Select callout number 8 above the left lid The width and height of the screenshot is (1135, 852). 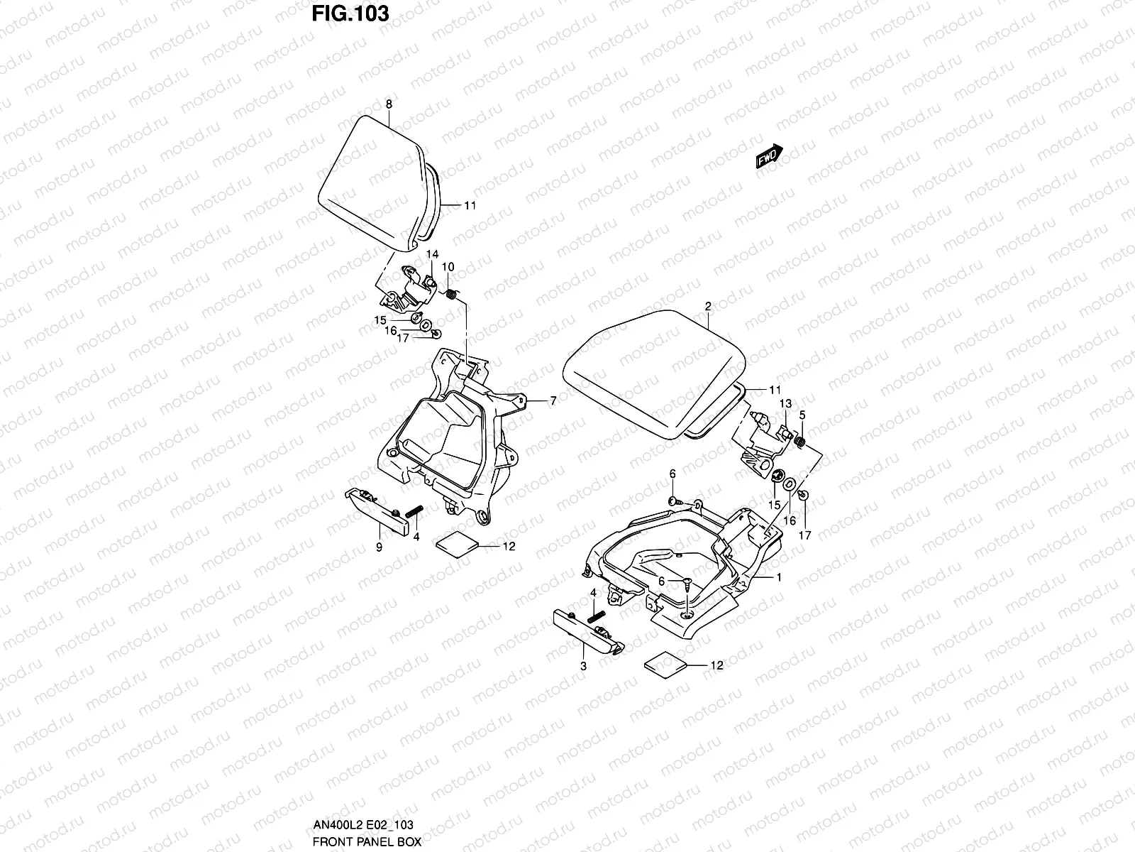click(x=389, y=104)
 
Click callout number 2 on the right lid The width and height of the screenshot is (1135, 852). click(x=707, y=306)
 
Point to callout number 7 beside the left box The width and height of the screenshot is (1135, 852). click(x=553, y=401)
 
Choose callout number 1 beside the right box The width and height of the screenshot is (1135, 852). click(x=778, y=578)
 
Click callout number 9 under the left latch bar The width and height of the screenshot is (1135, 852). click(x=379, y=547)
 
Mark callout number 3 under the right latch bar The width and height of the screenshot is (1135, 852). click(x=583, y=666)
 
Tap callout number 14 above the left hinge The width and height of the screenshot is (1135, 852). click(x=432, y=254)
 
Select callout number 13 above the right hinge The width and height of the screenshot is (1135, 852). click(x=785, y=403)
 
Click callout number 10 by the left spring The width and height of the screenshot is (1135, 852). click(x=448, y=266)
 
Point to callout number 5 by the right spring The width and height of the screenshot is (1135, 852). click(x=802, y=414)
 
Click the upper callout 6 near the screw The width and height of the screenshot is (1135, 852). click(x=672, y=474)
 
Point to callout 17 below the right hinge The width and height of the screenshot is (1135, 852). click(x=805, y=535)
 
